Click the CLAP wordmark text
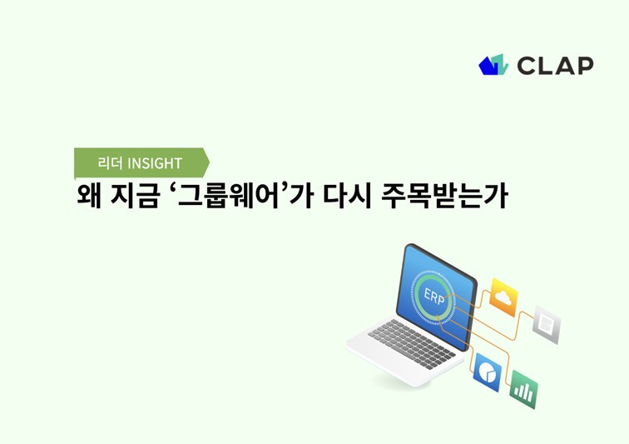[555, 66]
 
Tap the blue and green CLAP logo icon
[493, 65]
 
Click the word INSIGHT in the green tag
[155, 163]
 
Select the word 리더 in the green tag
[110, 163]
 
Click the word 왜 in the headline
[88, 196]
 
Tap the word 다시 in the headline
[348, 196]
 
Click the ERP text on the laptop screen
[434, 297]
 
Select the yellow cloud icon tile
[503, 297]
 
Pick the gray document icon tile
[546, 325]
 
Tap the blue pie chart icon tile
[488, 372]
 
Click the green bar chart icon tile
[523, 390]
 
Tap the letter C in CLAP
[527, 66]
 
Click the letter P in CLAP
[585, 66]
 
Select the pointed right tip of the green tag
[210, 162]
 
